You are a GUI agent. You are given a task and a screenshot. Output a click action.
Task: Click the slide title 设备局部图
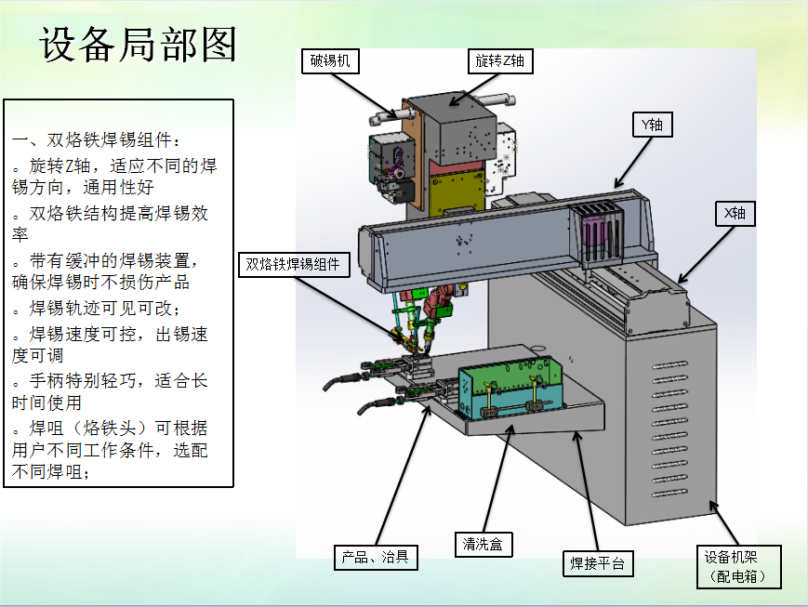click(x=138, y=45)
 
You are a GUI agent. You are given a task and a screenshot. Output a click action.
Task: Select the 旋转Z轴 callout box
click(x=500, y=61)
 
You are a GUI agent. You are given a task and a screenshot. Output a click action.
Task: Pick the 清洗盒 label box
click(x=483, y=545)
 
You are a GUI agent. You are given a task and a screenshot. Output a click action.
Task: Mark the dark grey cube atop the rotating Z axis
click(x=460, y=130)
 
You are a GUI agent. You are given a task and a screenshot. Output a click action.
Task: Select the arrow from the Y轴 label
click(x=632, y=160)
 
